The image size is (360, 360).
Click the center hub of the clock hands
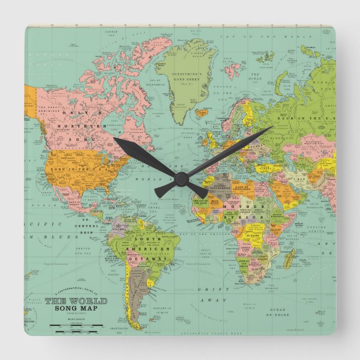pyautogui.click(x=180, y=178)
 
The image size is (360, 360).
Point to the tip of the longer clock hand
pyautogui.click(x=272, y=126)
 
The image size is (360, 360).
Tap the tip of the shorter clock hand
pyautogui.click(x=113, y=138)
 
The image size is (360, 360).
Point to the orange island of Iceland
pyautogui.click(x=202, y=112)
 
